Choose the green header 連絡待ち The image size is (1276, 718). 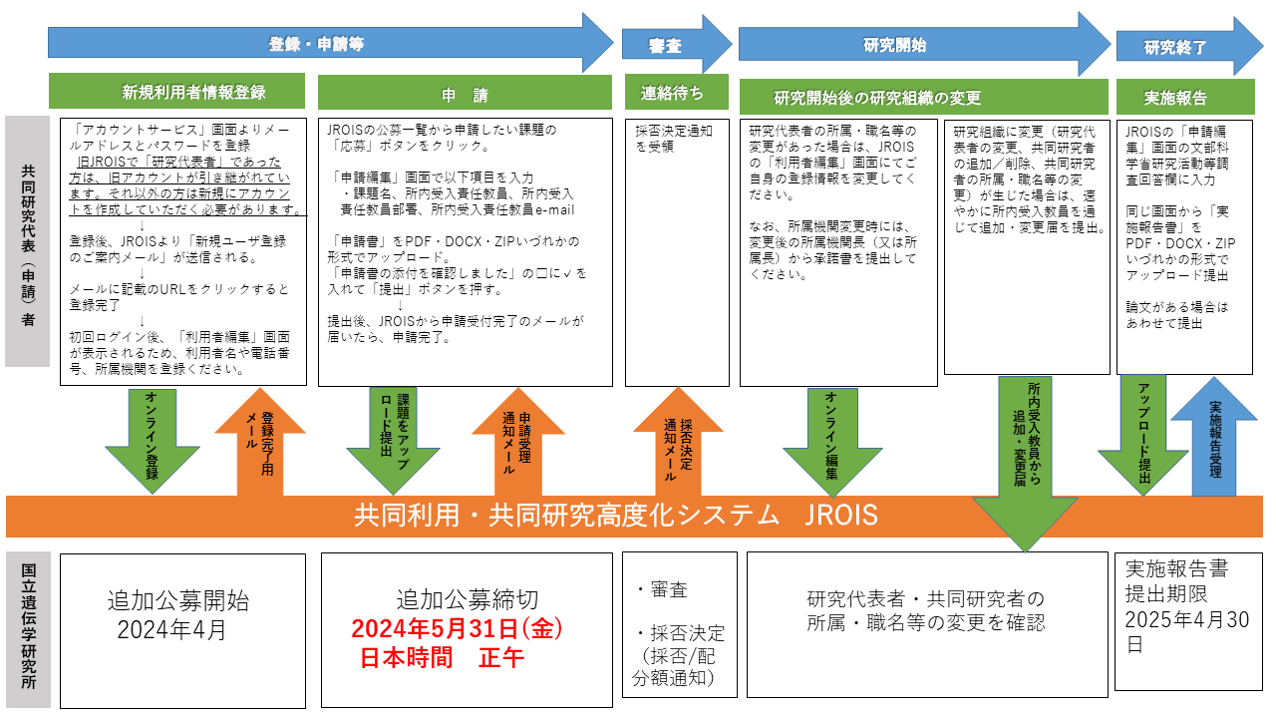[670, 93]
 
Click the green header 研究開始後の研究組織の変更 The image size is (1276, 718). [877, 97]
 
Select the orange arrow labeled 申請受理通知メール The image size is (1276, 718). [516, 439]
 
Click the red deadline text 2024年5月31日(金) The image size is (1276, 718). [458, 630]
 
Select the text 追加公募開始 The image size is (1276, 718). [178, 601]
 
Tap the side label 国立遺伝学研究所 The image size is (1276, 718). [27, 630]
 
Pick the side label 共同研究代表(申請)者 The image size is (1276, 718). [27, 241]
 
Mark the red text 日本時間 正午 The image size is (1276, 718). [442, 658]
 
